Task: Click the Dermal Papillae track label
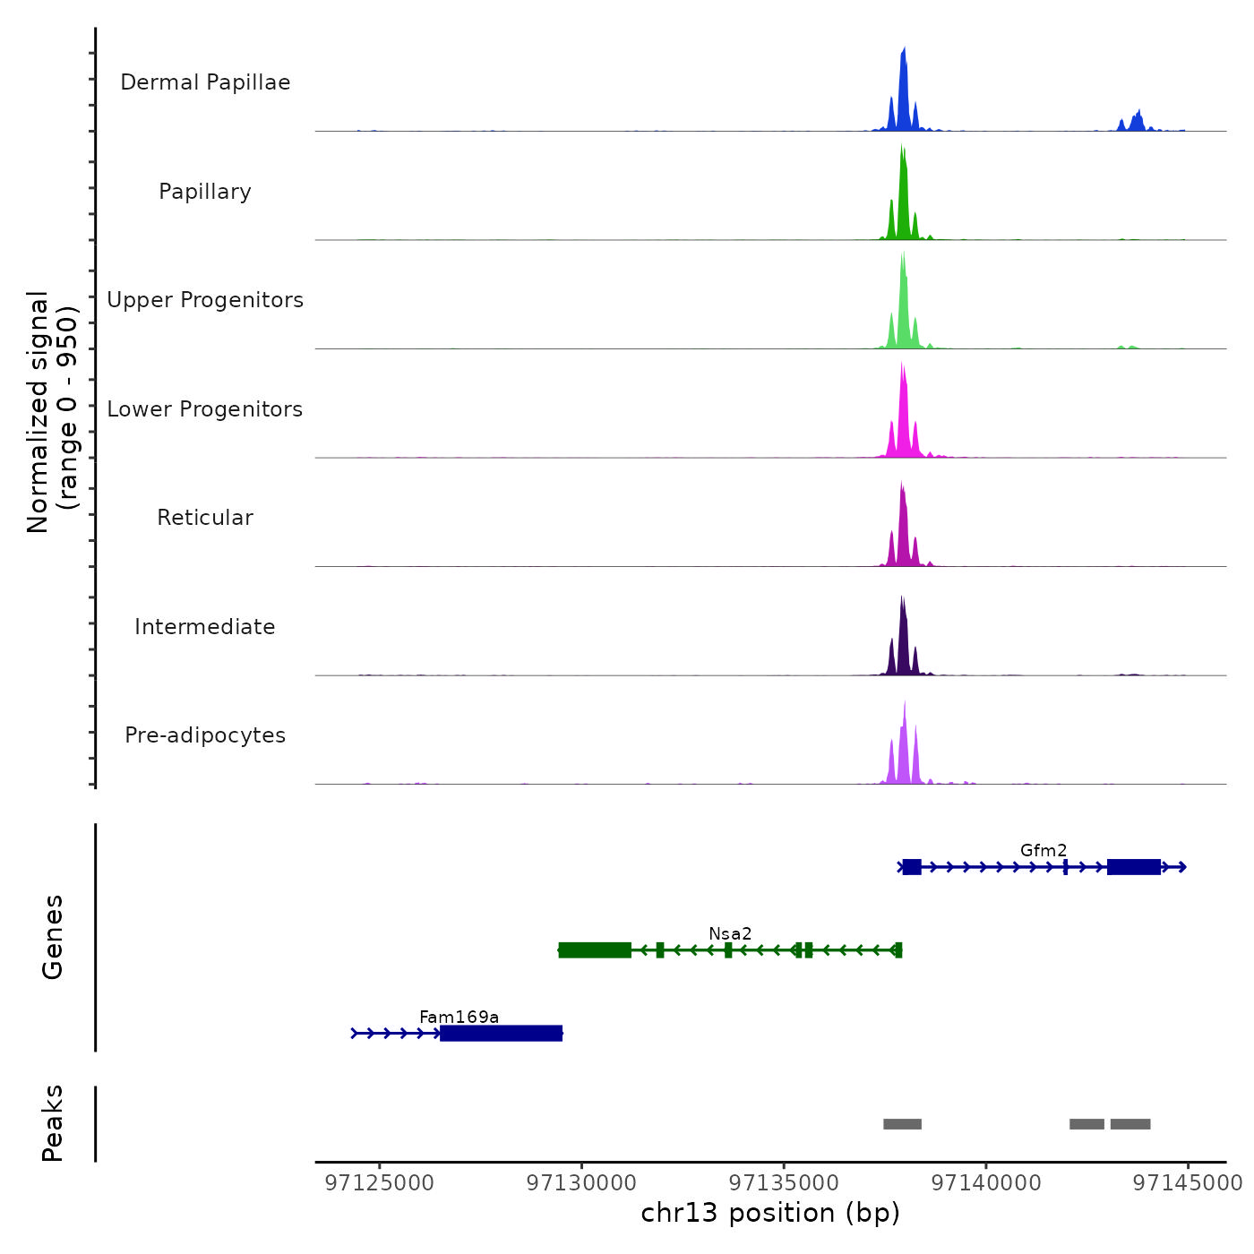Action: tap(205, 82)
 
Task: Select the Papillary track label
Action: tap(205, 192)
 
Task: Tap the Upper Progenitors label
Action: tap(205, 300)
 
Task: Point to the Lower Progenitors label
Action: tap(205, 409)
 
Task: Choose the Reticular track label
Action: tap(205, 518)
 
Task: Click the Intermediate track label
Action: tap(205, 627)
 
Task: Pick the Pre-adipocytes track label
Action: tap(205, 735)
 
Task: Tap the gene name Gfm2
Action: tap(1044, 850)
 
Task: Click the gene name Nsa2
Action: tap(730, 933)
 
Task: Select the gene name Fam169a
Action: tap(459, 1017)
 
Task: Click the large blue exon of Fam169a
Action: tap(502, 1034)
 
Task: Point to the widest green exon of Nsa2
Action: tap(595, 950)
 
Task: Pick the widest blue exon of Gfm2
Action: tap(1134, 867)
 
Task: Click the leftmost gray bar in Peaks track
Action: tap(902, 1124)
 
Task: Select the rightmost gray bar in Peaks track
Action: tap(1130, 1124)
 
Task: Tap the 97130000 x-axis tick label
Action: tap(582, 1183)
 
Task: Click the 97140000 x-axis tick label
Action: tap(986, 1183)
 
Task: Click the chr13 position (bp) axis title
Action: tap(770, 1213)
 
